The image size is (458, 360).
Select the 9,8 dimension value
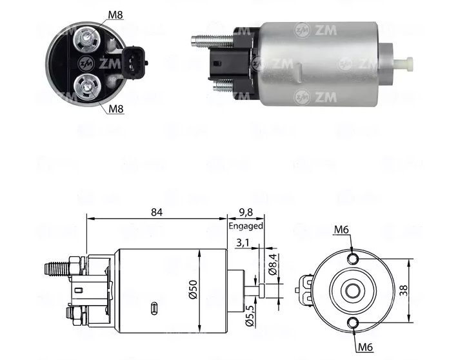click(245, 212)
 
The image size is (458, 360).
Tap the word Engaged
click(245, 226)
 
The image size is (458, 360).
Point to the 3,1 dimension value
click(244, 243)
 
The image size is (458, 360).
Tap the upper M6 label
click(343, 230)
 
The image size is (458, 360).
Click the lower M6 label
click(366, 347)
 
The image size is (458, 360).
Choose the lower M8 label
click(115, 108)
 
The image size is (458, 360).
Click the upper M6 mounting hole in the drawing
click(352, 259)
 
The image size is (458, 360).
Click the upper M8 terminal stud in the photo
click(85, 40)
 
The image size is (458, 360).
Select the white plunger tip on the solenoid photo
click(406, 63)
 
